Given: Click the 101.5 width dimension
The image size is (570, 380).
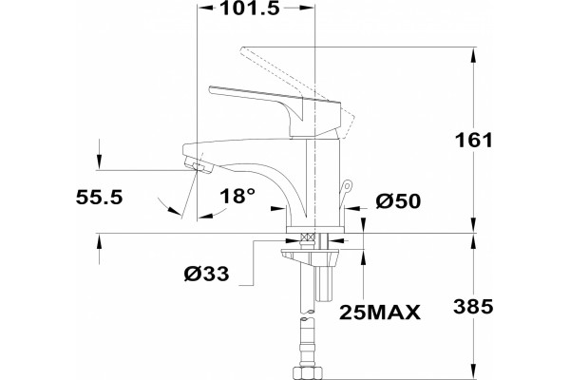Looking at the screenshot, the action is [250, 9].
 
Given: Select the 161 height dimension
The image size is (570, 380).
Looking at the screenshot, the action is [474, 140].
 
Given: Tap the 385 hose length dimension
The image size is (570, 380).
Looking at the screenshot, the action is [473, 307].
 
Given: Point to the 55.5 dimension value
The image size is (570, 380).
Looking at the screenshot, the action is [99, 198].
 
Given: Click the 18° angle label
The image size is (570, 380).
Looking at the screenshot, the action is [237, 197].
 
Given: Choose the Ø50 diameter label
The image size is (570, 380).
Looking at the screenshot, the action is [398, 201].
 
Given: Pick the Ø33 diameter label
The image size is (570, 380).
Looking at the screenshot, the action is [206, 274].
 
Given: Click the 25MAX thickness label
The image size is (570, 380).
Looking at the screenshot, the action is [380, 313].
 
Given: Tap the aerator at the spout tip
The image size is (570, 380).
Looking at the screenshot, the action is [199, 165].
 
